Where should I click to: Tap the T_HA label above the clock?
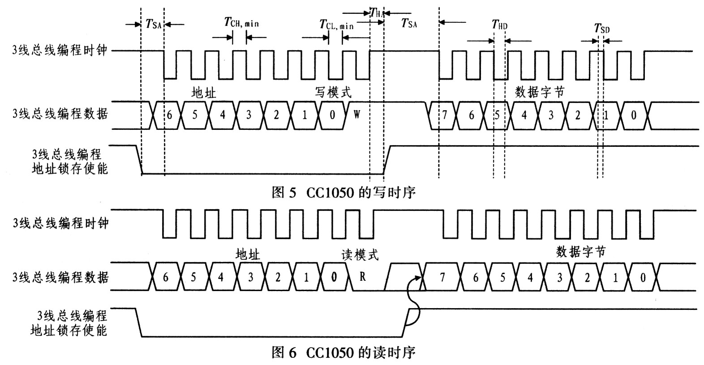(377, 13)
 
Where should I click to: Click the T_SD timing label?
(601, 29)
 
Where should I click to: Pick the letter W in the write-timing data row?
(356, 115)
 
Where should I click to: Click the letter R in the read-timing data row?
(362, 277)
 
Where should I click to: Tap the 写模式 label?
(333, 92)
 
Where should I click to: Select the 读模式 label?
(360, 255)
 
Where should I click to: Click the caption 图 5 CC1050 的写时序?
(343, 193)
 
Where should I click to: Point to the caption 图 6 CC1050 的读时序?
(343, 352)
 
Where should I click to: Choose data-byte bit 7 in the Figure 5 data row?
(444, 115)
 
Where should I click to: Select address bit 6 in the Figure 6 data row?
(165, 277)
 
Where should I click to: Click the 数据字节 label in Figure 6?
(580, 252)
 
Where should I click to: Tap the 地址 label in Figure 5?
(203, 93)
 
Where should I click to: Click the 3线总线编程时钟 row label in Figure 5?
(60, 50)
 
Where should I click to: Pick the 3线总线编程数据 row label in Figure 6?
(60, 277)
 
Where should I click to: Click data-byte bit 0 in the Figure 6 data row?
(643, 278)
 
